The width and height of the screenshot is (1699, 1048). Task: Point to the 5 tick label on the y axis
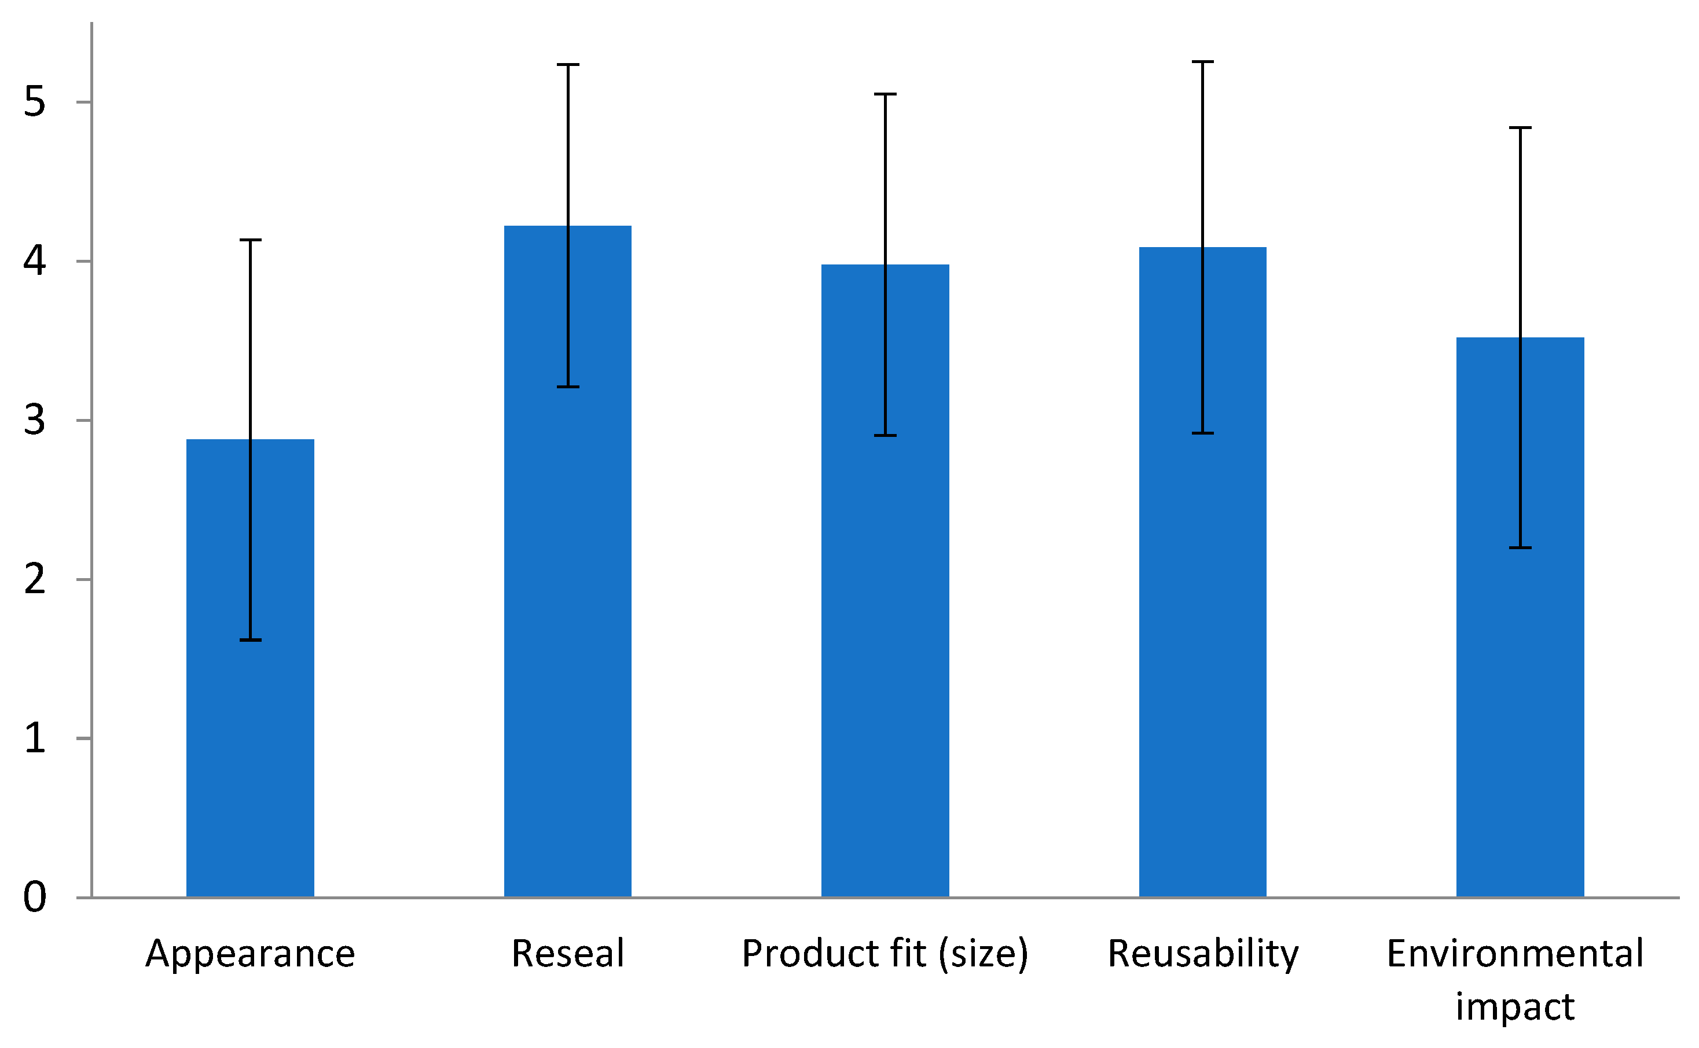click(x=35, y=102)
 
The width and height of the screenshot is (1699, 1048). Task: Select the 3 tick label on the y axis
click(x=35, y=420)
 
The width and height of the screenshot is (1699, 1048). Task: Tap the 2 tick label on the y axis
click(x=35, y=579)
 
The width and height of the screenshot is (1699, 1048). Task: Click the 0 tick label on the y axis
click(x=35, y=897)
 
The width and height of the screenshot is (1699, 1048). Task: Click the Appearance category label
click(x=250, y=954)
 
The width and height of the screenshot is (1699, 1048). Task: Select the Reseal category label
click(x=568, y=954)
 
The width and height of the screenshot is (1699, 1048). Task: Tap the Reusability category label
click(x=1203, y=954)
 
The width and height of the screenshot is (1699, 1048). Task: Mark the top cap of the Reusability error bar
click(x=1203, y=62)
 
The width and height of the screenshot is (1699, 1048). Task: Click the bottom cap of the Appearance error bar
click(x=250, y=640)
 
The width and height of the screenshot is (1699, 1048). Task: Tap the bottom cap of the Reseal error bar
click(x=568, y=387)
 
